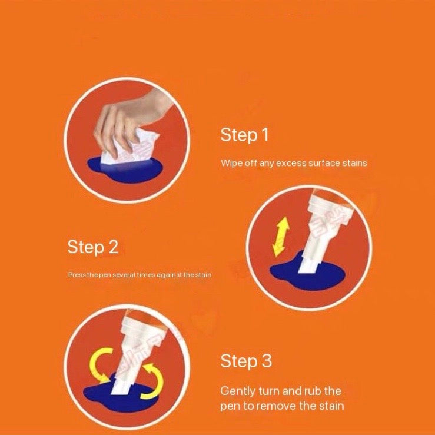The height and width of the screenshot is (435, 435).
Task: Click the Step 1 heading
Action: [x=244, y=135]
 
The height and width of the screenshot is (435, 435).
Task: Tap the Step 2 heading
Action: [x=92, y=247]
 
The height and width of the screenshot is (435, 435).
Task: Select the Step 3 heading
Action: [x=246, y=361]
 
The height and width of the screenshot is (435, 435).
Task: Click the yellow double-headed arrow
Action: [x=281, y=237]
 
